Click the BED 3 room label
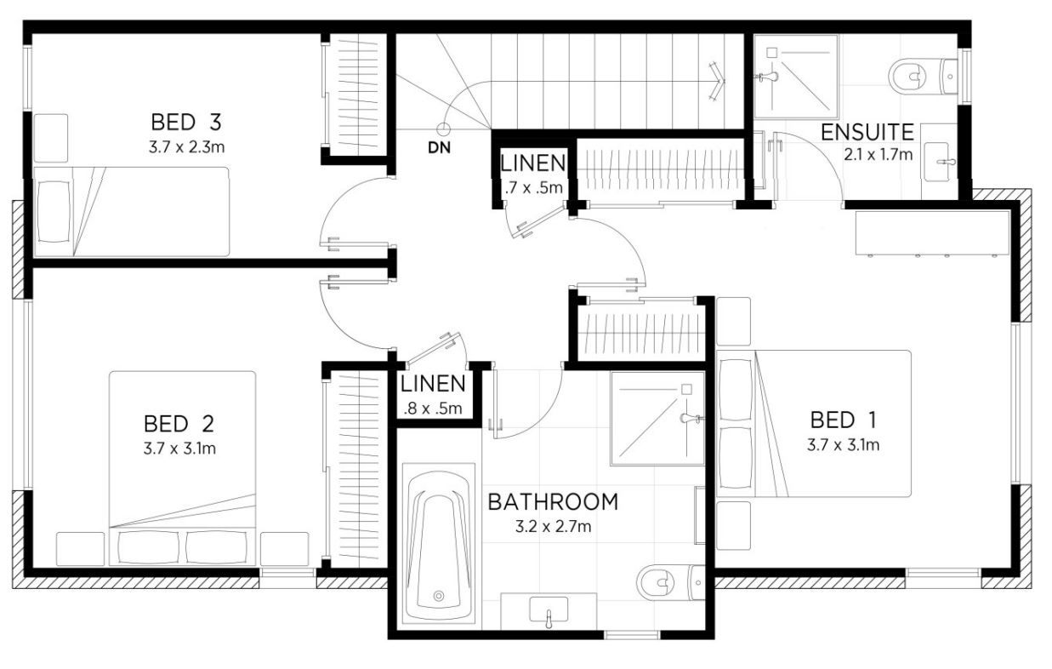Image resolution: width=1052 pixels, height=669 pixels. coord(186,123)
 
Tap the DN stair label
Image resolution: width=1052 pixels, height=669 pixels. coord(439,148)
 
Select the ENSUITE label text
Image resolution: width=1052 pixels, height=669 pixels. coord(867,133)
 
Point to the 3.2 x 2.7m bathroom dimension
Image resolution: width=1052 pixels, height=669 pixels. coord(554,527)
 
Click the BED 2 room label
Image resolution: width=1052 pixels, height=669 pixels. coord(179,424)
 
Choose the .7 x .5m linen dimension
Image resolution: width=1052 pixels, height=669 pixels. coord(534,188)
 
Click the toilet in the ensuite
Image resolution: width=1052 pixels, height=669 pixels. coord(923,77)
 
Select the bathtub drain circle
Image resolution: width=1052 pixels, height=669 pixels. coord(439,596)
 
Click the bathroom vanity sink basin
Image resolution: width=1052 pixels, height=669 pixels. coord(548,609)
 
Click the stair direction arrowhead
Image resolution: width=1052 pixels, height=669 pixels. coord(718,81)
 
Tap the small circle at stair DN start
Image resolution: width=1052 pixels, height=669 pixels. coord(443,129)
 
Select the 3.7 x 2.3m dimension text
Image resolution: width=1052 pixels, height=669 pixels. coord(186,147)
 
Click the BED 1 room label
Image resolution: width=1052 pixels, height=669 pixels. coord(844,420)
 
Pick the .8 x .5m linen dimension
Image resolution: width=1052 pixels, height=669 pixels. coord(433,409)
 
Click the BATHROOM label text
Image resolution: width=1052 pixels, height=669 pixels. coord(554,502)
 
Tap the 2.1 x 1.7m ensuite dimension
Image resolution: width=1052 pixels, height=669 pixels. coord(878,155)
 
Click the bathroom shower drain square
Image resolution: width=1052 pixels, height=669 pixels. coord(686,389)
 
